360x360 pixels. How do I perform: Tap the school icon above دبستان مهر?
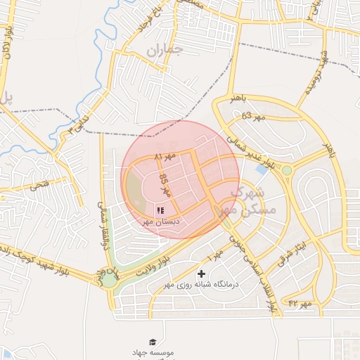click(160, 210)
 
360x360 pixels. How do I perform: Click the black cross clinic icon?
click(202, 274)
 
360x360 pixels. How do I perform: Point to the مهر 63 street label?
click(255, 116)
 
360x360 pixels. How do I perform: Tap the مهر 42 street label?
click(299, 302)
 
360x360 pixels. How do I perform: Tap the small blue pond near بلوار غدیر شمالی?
click(262, 169)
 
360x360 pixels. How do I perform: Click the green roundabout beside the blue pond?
click(287, 170)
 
